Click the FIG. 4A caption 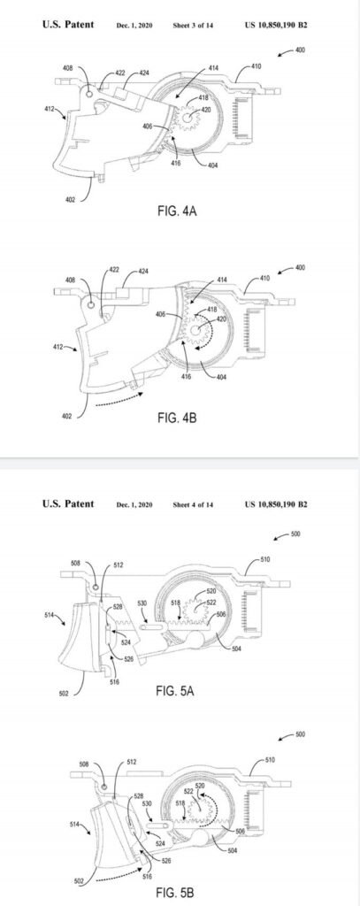pos(177,211)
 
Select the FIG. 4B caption pos(177,418)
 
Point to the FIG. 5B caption pos(175,894)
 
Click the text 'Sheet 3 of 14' pos(193,26)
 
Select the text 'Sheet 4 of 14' pos(193,504)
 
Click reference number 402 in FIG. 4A pos(69,199)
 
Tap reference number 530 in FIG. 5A pos(142,603)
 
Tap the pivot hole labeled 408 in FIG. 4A pos(89,92)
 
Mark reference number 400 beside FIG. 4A pos(300,50)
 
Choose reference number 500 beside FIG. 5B pos(300,734)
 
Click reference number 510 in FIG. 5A pos(265,559)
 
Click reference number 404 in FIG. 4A pos(212,165)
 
